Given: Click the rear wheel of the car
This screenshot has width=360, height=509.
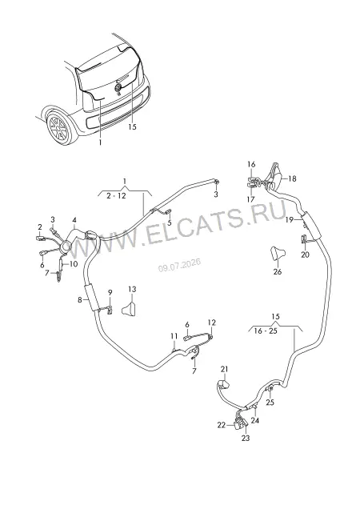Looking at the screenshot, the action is click(60, 128).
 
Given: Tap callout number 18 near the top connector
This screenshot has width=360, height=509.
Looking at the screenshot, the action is click(292, 178).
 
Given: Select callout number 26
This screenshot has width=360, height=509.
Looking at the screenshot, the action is click(278, 271).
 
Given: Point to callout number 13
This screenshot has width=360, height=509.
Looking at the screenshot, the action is click(132, 289).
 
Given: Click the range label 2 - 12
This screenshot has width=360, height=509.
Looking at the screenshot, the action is click(116, 196).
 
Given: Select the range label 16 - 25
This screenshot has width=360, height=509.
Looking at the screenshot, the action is click(266, 331).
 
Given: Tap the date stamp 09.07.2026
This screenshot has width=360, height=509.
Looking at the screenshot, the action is click(179, 266).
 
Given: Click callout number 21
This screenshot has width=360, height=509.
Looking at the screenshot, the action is click(224, 369).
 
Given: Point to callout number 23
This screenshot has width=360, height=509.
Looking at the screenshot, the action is click(246, 438).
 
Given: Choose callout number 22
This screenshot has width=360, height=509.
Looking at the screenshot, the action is click(221, 425).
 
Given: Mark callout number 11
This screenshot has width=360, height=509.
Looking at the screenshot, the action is click(174, 335).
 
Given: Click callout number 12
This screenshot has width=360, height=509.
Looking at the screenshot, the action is click(211, 323).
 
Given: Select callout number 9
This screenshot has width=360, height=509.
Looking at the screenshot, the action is click(110, 292).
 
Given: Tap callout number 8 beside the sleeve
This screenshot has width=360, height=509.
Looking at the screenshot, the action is click(79, 300).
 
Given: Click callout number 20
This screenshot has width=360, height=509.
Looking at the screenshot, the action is click(305, 254).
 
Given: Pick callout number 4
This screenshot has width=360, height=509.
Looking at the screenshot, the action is click(74, 220).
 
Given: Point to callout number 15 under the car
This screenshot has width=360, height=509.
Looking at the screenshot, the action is click(132, 126).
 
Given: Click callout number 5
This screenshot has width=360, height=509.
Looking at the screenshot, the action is click(169, 223).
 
